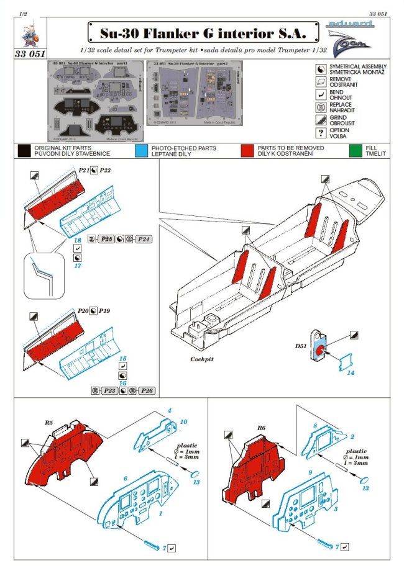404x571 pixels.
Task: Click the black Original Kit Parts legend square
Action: click(24, 151)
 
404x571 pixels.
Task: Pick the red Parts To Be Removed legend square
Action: click(247, 151)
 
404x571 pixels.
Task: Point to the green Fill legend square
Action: click(355, 151)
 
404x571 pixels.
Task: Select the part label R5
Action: click(48, 422)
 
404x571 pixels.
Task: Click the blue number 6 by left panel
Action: click(125, 480)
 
